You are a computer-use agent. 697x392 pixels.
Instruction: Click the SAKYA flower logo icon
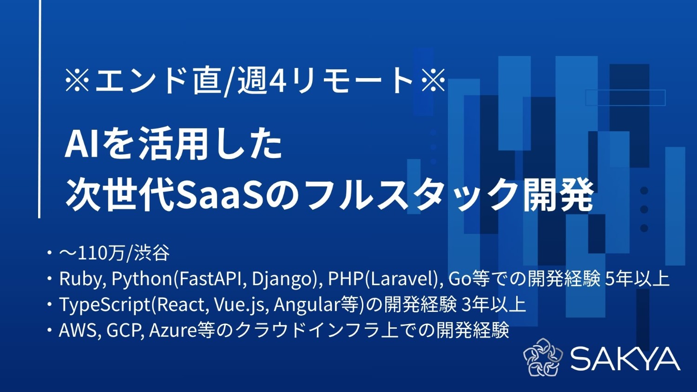(543, 358)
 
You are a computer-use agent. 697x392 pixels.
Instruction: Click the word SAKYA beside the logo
(625, 359)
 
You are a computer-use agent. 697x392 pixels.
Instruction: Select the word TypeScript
(105, 305)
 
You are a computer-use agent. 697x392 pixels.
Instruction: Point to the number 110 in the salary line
(91, 254)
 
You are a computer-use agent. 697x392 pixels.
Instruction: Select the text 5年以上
(637, 279)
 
